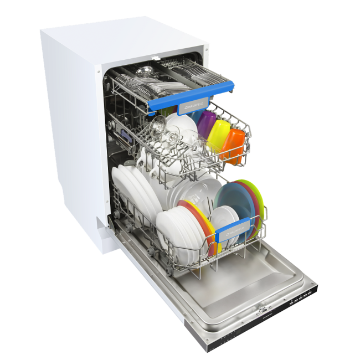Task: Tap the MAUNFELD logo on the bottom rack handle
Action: (237, 227)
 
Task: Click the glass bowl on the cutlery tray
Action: (145, 71)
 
